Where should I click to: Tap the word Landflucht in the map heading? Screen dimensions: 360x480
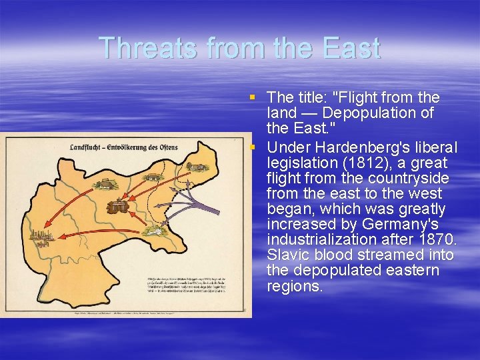[90, 146]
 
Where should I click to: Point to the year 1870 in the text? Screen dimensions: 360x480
[437, 239]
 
